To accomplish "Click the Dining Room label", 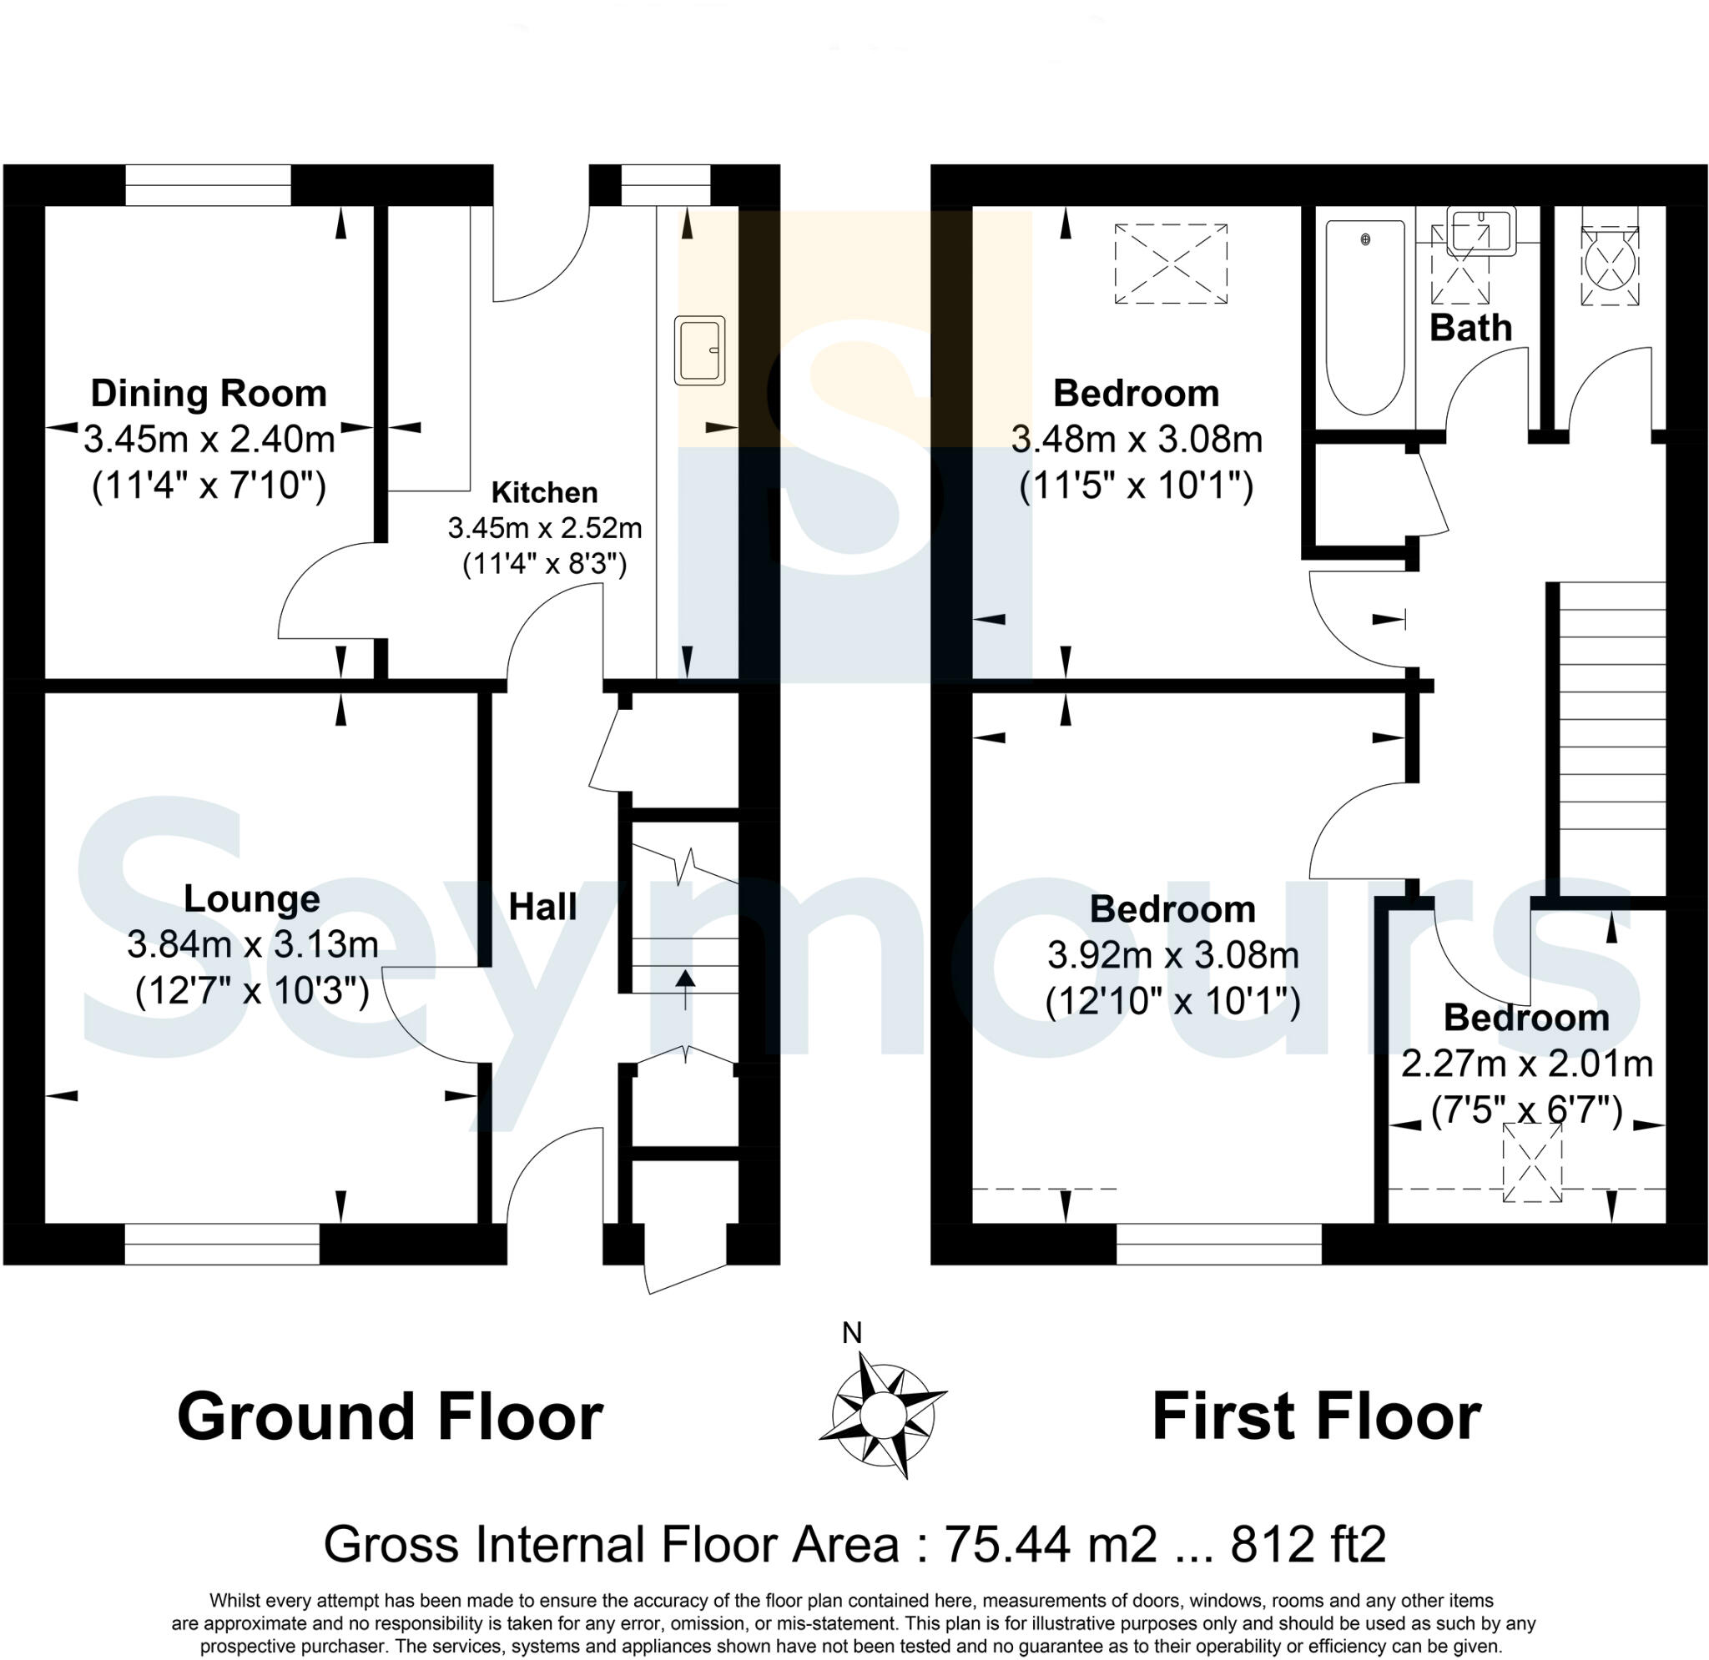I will pos(209,393).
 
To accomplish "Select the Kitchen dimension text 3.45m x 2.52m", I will pos(544,528).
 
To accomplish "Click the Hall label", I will pos(542,907).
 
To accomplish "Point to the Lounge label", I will pos(251,898).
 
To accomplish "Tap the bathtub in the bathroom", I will pos(1364,315).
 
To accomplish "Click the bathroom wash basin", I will pos(1480,231).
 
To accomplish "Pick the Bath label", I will pos(1470,328).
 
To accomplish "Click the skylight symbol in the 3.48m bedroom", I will pos(1170,264).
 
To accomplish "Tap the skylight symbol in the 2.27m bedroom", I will pos(1531,1163).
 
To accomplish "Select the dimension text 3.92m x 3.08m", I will pos(1172,956).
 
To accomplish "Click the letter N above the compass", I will pos(852,1332).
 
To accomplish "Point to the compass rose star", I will pos(882,1410).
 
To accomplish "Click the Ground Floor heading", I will pos(390,1416).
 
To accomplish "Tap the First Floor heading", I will pos(1317,1416).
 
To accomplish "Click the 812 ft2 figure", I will pos(1308,1544).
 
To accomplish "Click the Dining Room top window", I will pos(208,185).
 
